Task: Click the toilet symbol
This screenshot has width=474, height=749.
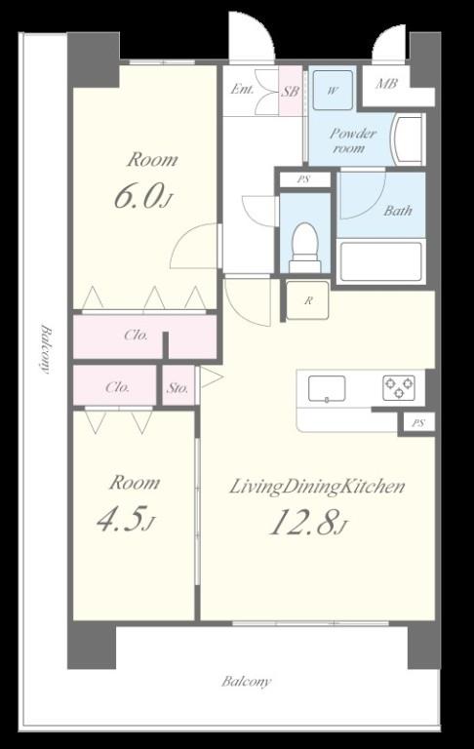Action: point(305,248)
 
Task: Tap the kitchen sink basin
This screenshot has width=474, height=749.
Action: point(327,388)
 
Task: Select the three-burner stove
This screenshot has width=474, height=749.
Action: point(399,387)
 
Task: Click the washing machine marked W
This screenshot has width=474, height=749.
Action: point(333,91)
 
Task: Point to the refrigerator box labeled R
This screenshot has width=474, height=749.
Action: point(308,300)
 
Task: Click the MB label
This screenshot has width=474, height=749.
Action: point(386,84)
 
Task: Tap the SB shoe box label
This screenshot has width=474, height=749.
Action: point(290,91)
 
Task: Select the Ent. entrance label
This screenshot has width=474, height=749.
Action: point(242,89)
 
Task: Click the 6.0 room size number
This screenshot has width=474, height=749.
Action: point(137,196)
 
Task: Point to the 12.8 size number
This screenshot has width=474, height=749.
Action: point(305,522)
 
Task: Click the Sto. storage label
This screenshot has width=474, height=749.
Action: point(178,388)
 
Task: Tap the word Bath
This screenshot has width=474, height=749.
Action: point(398,211)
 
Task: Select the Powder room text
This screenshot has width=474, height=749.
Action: point(353,140)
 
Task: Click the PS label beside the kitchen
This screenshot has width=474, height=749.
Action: point(418,423)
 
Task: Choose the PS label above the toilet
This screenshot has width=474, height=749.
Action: point(303,180)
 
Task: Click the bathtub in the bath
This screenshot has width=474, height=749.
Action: point(381,261)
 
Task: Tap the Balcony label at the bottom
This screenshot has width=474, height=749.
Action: point(247,681)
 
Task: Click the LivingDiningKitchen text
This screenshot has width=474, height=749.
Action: point(317,487)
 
